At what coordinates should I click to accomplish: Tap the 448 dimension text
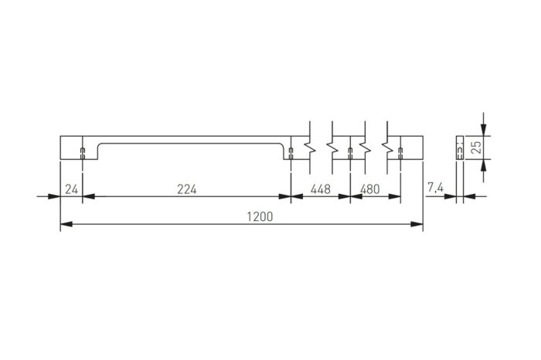pos(320,189)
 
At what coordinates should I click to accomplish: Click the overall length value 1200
pos(260,217)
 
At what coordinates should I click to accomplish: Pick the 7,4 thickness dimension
pos(434,189)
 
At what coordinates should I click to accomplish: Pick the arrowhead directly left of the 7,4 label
pos(451,196)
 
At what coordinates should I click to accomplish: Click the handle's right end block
pos(412,148)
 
